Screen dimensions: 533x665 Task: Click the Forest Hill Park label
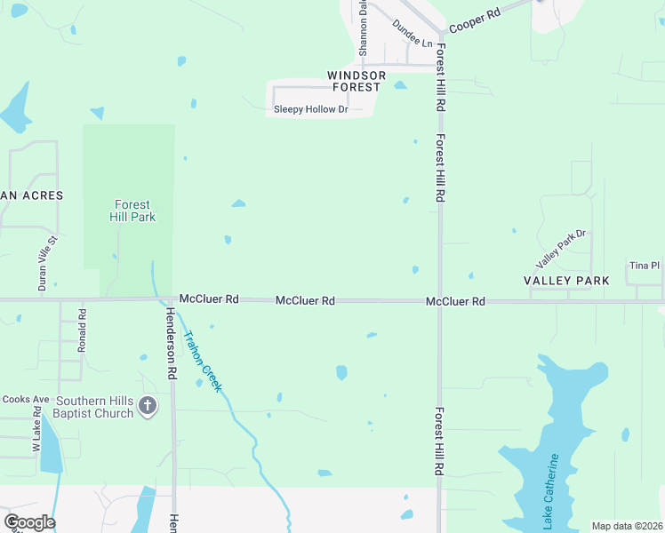[x=132, y=211]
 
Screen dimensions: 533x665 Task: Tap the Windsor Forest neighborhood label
[x=357, y=81]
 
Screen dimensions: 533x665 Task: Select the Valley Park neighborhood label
[x=566, y=281]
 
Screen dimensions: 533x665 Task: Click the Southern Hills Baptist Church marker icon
[x=148, y=407]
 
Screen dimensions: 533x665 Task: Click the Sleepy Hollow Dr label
[x=310, y=110]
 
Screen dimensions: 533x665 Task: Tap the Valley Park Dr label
[x=562, y=250]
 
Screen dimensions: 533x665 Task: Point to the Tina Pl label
[x=645, y=266]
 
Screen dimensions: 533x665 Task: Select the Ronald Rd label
[x=82, y=331]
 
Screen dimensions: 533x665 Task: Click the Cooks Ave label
[x=25, y=400]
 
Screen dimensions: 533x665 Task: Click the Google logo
[x=29, y=522]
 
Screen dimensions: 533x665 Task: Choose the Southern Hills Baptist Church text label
[x=95, y=407]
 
